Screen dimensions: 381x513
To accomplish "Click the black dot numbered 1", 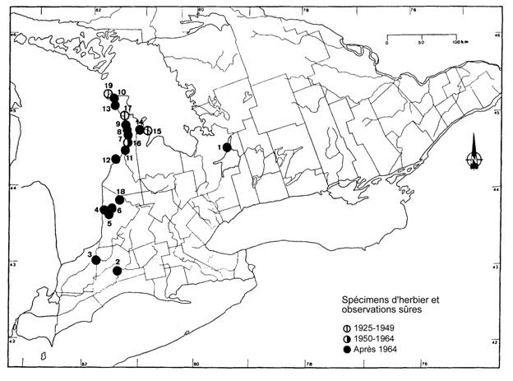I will coord(227,147).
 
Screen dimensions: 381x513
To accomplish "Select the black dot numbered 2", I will coord(118,271).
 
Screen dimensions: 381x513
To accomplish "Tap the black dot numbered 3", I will coord(96,260).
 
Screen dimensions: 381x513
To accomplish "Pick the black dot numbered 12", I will coord(116,159).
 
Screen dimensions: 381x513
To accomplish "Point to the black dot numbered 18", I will coord(120,199).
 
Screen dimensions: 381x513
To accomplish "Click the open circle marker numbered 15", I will coord(148,130).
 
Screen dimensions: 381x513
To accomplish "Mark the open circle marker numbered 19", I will coord(108,95).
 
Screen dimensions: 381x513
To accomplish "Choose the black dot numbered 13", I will coord(115,105).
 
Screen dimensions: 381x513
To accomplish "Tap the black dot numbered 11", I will coord(126,150).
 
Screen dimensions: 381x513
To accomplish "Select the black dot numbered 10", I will coord(114,100).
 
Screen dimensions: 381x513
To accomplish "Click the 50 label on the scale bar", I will coord(421,42).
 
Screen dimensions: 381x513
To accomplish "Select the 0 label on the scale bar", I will coord(386,42).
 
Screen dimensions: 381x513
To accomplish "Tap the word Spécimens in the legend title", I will coord(364,300).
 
